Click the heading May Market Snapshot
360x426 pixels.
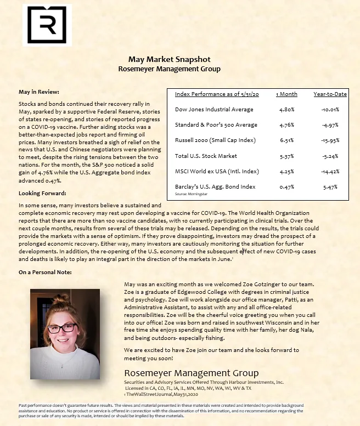pos(169,59)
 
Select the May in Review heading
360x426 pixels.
pos(38,92)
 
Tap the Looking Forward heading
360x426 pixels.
pos(42,194)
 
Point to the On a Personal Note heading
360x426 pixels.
pos(45,272)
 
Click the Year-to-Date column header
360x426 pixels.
pos(330,94)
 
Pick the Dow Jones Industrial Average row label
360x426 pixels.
pos(214,110)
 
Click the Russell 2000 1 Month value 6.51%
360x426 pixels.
pos(286,140)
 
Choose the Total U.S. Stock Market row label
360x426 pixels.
pos(206,156)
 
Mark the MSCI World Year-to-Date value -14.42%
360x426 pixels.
pos(330,171)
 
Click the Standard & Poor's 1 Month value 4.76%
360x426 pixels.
pos(286,125)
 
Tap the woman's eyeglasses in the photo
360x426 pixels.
pos(65,327)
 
